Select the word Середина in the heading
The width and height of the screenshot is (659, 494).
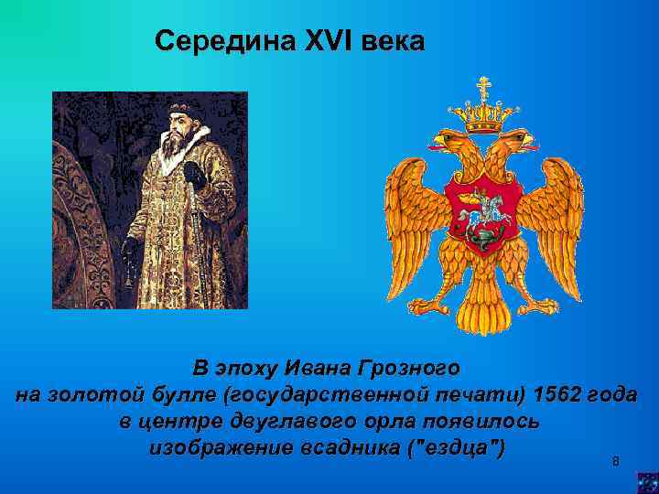pyautogui.click(x=224, y=41)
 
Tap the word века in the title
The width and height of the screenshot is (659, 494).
pyautogui.click(x=394, y=41)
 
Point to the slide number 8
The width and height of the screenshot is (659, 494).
pyautogui.click(x=615, y=461)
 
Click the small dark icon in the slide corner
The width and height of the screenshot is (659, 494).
pyautogui.click(x=647, y=481)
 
